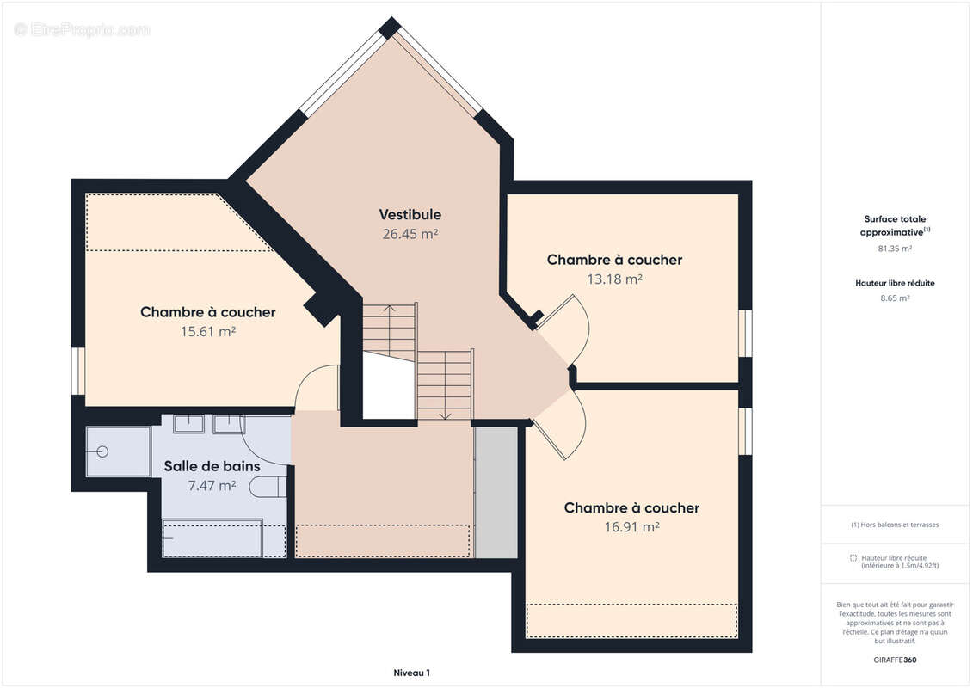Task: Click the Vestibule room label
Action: (410, 215)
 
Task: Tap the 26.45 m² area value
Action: (410, 234)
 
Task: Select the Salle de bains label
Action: (212, 466)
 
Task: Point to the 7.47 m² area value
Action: (212, 486)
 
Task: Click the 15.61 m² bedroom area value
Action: (208, 331)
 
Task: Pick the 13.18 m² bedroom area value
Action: (614, 279)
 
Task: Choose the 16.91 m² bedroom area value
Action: (631, 526)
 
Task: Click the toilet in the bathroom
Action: (268, 487)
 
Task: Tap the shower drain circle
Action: (102, 451)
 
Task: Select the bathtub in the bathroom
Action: (212, 537)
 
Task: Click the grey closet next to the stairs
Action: (496, 492)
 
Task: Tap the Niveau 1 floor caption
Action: (411, 673)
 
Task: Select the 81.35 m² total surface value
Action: (895, 249)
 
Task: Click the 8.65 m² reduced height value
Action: (895, 298)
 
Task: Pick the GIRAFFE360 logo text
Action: (895, 660)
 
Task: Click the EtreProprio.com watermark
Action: (82, 29)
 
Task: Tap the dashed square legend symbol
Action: (853, 558)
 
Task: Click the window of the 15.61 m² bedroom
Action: (77, 371)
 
